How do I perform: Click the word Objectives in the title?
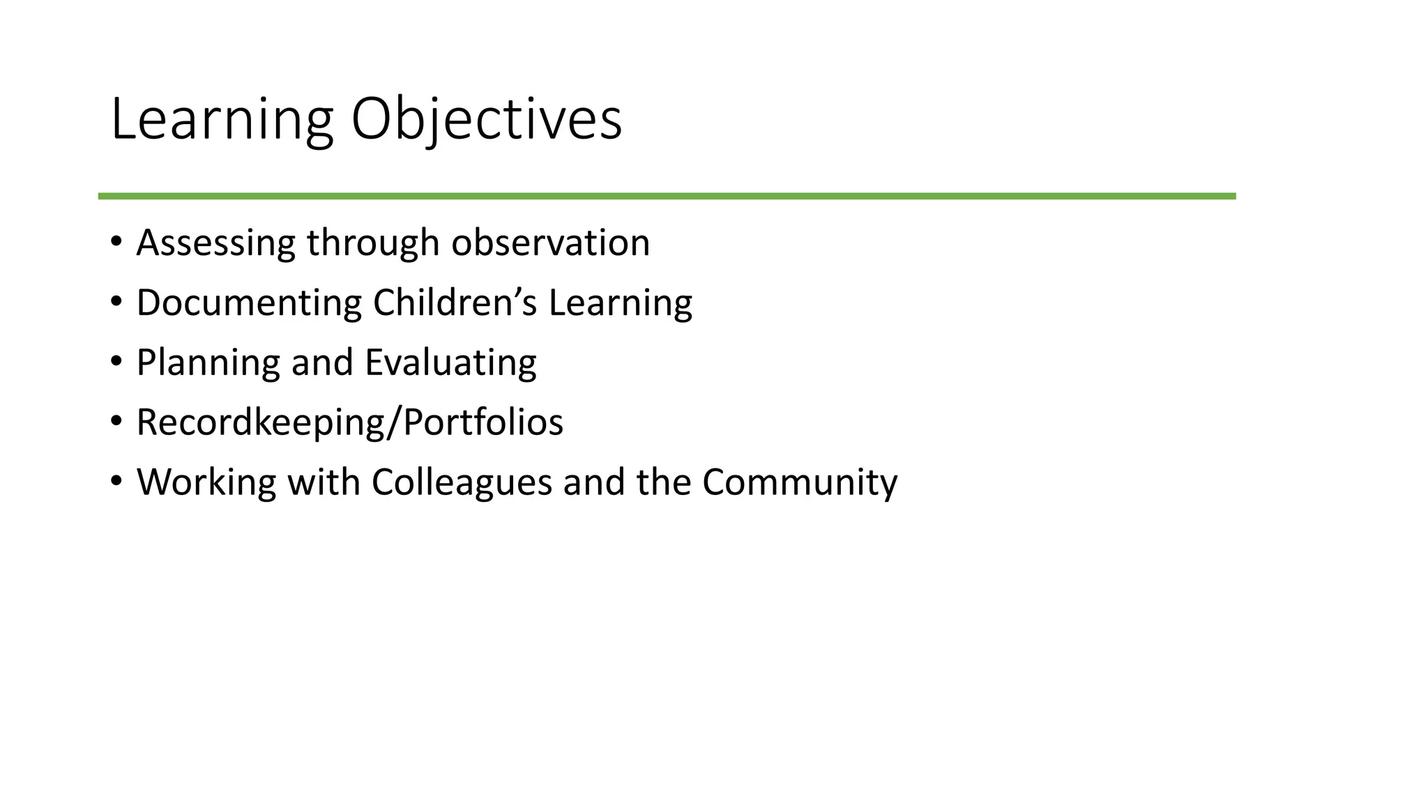[486, 120]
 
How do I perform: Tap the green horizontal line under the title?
[667, 197]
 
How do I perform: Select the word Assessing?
[215, 243]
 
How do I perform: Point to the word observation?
[550, 243]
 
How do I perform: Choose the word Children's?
[455, 303]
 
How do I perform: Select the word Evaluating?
[450, 363]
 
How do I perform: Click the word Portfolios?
[483, 422]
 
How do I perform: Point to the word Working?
[206, 483]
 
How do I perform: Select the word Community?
[800, 483]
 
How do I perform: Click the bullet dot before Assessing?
[116, 242]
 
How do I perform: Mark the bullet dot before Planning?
[116, 362]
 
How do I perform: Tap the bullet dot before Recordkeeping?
[116, 421]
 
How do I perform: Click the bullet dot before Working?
[116, 481]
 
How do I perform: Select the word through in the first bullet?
[373, 243]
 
